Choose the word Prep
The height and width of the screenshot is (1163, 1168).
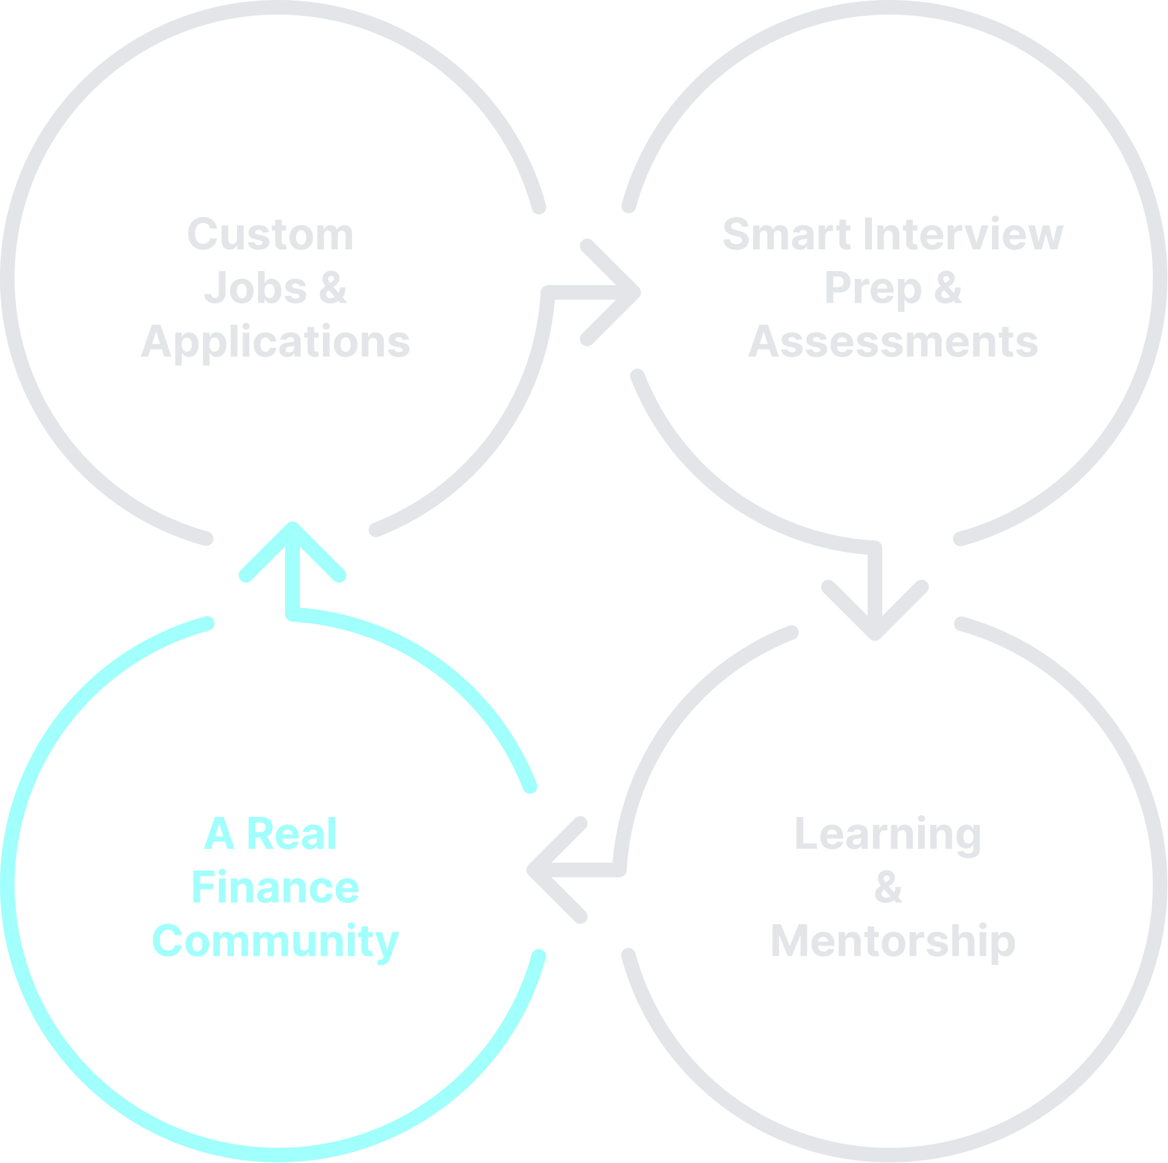[872, 289]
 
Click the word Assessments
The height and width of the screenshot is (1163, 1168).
[893, 342]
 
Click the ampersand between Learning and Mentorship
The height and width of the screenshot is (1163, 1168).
[888, 888]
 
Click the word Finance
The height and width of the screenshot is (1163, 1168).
[275, 888]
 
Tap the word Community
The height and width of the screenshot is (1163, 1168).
[275, 941]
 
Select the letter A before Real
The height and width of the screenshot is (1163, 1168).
[219, 834]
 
